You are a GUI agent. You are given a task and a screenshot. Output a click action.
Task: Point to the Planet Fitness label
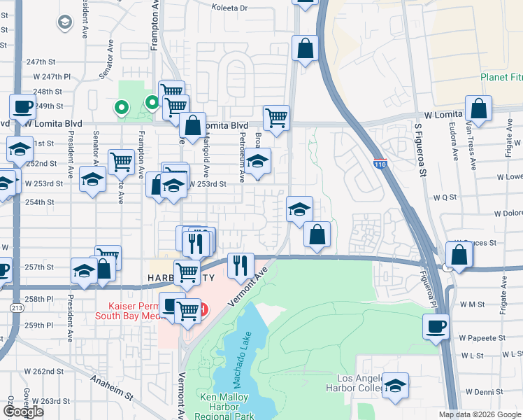click(501, 77)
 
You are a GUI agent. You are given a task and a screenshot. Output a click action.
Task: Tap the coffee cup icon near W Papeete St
click(437, 325)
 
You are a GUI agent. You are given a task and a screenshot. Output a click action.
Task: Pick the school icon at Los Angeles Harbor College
click(395, 385)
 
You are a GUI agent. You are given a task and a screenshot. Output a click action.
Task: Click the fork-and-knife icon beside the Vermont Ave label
click(240, 264)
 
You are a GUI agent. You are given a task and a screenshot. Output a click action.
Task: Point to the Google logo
click(23, 412)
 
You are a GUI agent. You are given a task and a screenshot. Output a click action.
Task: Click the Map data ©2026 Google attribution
click(480, 414)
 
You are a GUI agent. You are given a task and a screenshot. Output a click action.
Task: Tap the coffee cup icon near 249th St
click(22, 106)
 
